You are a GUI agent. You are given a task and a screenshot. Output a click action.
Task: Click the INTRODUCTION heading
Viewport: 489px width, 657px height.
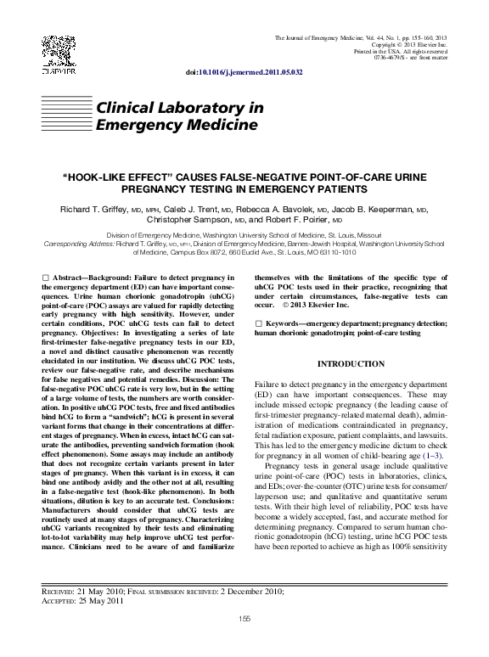pyautogui.click(x=351, y=363)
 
